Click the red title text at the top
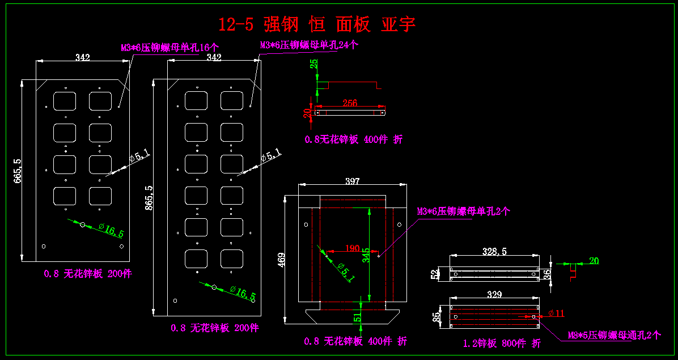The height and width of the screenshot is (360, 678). coord(317,24)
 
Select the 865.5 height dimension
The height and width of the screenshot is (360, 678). coord(149,198)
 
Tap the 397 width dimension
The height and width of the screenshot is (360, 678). coord(352,181)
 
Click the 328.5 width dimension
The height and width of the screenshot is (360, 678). coord(494,251)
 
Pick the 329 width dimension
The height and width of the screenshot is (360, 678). coord(494,294)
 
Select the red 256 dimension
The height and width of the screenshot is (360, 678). coord(350,103)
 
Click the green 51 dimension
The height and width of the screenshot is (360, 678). coord(358,316)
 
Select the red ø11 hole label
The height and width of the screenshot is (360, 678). coord(557,313)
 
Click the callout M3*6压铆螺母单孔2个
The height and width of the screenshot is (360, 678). coord(464,211)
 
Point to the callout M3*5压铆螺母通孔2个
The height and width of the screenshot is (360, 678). coord(615,335)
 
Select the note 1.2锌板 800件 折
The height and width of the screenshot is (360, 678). coord(502,343)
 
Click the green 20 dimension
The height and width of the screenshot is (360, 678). coord(594,261)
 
